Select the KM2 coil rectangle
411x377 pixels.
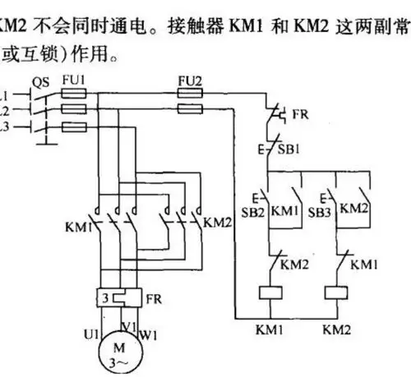(336, 292)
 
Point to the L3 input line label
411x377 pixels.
(5, 127)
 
